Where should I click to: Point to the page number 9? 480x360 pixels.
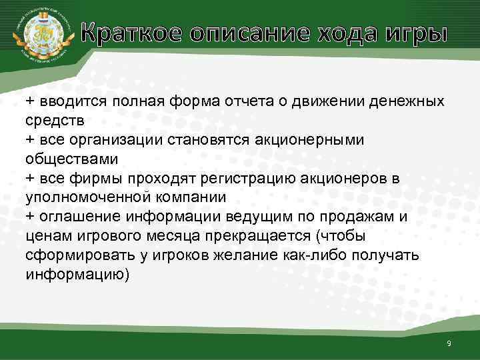pos(449,343)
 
